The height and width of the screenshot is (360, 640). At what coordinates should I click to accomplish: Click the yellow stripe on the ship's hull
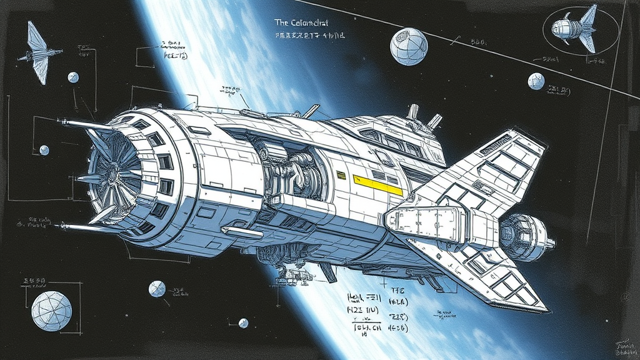(377, 185)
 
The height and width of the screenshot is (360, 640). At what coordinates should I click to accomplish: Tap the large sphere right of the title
(409, 46)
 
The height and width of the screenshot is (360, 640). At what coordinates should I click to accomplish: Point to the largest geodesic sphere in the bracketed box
(51, 310)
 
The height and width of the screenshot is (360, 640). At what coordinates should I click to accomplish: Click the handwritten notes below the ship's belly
(375, 309)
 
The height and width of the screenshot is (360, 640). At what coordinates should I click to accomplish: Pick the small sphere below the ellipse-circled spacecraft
(536, 81)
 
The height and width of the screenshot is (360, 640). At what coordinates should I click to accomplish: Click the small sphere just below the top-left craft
(73, 77)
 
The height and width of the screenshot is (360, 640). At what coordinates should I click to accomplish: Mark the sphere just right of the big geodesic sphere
(157, 289)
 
